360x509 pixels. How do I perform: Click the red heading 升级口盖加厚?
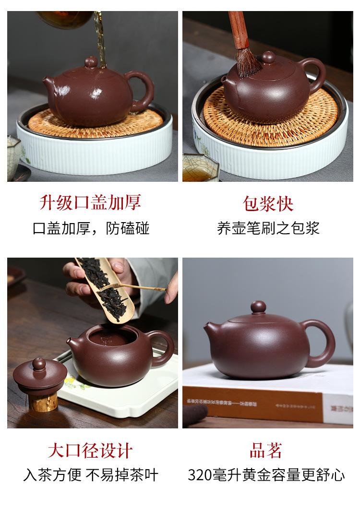click(x=90, y=202)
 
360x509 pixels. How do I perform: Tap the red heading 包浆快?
click(x=268, y=204)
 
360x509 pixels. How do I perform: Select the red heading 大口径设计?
click(x=90, y=451)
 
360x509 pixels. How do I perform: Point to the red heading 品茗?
click(x=266, y=450)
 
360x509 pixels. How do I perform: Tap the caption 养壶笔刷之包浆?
click(x=268, y=228)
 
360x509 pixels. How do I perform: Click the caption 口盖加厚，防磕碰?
click(x=91, y=228)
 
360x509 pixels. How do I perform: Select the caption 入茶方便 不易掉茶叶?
click(x=91, y=475)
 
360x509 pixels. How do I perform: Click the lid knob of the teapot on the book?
click(x=258, y=307)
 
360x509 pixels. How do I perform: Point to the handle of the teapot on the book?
click(x=321, y=343)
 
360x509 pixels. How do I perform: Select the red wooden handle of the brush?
click(x=238, y=30)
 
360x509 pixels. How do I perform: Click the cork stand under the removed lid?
click(x=43, y=402)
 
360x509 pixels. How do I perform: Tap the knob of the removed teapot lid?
click(x=39, y=364)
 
